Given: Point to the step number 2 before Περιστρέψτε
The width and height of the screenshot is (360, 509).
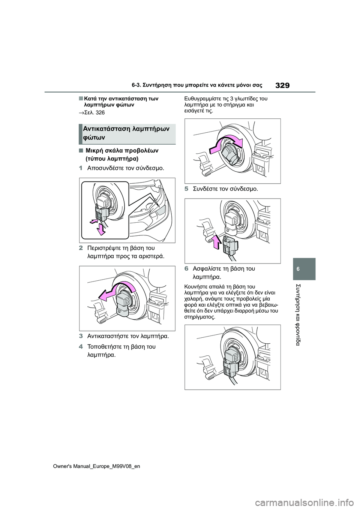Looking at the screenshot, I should pyautogui.click(x=81, y=248).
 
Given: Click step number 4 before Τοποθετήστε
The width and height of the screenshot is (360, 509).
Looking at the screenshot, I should pyautogui.click(x=81, y=346).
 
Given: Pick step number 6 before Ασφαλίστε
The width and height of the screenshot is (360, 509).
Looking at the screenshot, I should pyautogui.click(x=186, y=269).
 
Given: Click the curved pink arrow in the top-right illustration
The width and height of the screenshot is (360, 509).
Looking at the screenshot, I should pyautogui.click(x=225, y=145).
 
